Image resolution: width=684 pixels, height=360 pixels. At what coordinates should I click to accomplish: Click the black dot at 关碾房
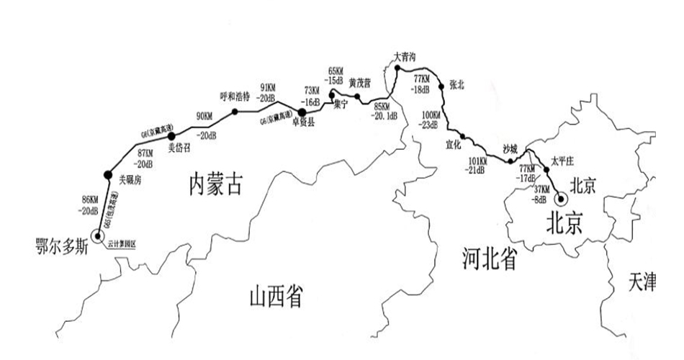click(x=107, y=173)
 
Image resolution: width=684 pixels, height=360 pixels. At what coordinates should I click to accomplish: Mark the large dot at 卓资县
click(x=302, y=112)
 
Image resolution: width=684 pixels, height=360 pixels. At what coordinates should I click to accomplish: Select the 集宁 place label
click(x=341, y=105)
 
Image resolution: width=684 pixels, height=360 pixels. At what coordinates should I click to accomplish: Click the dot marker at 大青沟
click(x=397, y=68)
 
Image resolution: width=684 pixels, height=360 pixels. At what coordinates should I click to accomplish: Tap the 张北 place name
click(x=456, y=84)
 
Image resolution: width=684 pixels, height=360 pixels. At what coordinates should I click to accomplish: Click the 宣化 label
click(x=454, y=144)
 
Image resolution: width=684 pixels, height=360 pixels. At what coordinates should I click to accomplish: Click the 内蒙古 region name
click(x=213, y=185)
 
